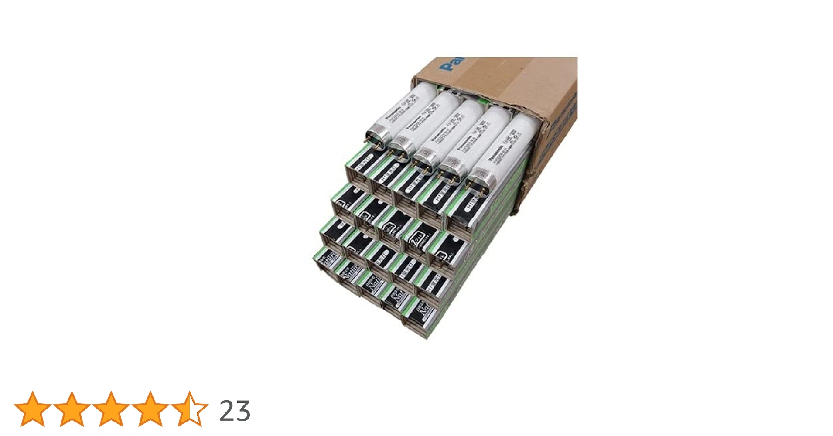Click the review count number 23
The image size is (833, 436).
[x=235, y=411]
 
